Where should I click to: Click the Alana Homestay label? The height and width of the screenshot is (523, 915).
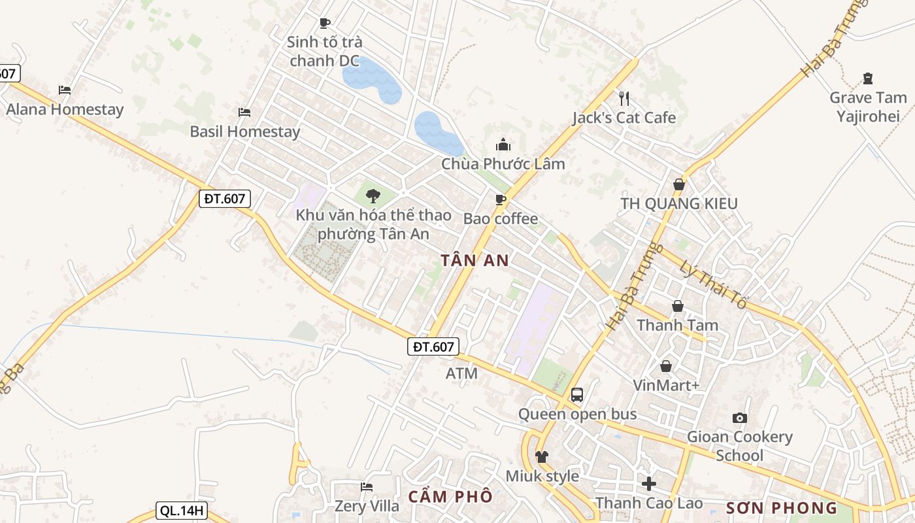coord(65,109)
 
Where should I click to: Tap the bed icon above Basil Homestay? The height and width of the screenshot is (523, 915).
coord(244,112)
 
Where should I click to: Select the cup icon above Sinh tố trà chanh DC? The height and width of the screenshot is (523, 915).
coord(324,24)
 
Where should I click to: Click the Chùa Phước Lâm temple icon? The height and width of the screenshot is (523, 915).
coord(503,144)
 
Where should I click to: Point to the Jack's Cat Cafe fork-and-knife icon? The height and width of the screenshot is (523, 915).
coord(624,99)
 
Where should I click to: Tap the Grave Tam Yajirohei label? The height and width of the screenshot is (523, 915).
coord(868,107)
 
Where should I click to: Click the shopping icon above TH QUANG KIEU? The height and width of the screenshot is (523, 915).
coord(679,184)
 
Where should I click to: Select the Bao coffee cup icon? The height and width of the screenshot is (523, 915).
coord(501,199)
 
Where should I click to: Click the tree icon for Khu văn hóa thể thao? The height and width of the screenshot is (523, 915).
coord(373,195)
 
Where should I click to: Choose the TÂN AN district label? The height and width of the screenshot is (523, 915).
coord(474,260)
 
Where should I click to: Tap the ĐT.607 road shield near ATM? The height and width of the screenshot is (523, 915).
coord(433,346)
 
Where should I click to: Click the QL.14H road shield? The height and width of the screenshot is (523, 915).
coord(181,511)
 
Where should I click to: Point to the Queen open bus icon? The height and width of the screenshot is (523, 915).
coord(577,395)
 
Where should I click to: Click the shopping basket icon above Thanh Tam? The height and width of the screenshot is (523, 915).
coord(678,306)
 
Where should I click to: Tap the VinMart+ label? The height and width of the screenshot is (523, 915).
coord(666,386)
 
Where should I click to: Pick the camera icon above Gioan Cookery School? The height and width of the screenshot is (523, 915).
coord(740,418)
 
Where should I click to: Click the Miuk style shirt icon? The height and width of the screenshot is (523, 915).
coord(542,456)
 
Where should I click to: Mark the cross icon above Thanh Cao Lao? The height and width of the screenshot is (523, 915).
coord(649,484)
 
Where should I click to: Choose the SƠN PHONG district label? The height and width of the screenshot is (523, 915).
coord(782,508)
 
